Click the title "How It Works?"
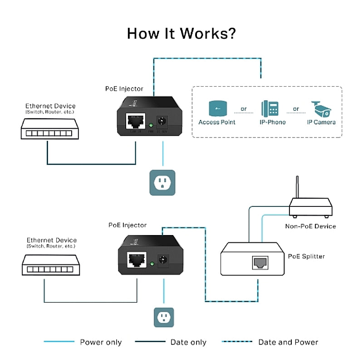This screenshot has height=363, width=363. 181,34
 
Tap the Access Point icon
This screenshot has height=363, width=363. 217,109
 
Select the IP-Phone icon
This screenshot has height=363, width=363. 270,109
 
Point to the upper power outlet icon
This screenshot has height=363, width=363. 162,183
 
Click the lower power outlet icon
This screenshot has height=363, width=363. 162,317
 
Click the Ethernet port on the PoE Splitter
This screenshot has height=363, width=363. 259,262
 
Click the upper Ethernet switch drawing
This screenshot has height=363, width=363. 47,129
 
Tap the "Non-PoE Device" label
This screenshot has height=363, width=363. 310,226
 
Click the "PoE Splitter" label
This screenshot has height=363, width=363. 306,256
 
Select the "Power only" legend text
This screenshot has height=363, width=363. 101,342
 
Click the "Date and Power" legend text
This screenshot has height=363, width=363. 288,342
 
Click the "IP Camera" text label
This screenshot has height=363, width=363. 321,122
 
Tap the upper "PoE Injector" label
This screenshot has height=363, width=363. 124,89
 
